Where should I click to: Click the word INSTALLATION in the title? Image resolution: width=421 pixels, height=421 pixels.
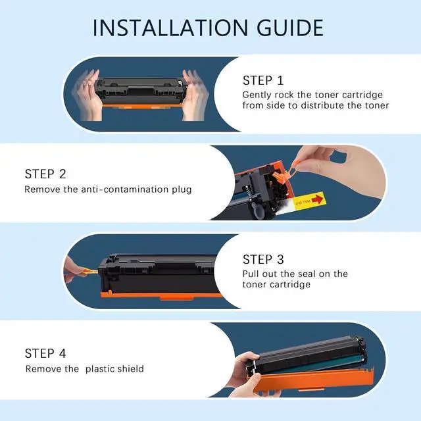coord(170,28)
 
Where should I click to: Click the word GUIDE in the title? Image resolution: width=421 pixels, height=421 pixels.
coord(290,28)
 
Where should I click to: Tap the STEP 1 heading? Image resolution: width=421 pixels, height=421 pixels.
coord(263,80)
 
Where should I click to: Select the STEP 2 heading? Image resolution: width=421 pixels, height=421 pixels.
coord(45,174)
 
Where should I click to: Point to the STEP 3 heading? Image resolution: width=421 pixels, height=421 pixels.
coord(263,259)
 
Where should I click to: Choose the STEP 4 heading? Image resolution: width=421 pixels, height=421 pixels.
coord(45,353)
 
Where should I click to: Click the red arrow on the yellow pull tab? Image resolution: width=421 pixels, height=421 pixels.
coord(317,199)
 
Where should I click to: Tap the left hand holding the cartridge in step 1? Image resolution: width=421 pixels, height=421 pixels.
coord(87,95)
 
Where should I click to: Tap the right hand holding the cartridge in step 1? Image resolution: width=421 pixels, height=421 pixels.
coord(195,95)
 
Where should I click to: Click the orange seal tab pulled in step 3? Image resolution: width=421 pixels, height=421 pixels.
coord(91,272)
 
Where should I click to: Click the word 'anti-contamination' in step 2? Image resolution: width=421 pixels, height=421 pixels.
coord(125,189)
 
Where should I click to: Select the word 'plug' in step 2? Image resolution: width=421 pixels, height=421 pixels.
coord(182,190)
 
